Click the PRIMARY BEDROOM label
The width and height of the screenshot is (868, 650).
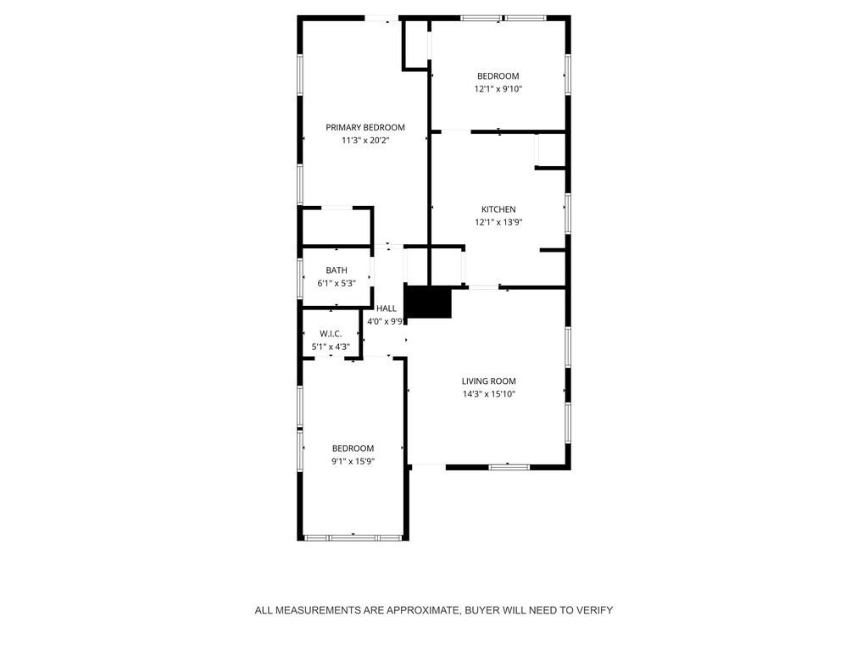coord(365,127)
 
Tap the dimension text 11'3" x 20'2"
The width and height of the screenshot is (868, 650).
coord(365,141)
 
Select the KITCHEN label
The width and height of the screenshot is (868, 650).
coord(498,209)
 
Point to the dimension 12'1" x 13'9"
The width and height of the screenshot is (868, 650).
coord(498,223)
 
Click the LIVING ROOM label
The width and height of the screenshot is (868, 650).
coord(488,381)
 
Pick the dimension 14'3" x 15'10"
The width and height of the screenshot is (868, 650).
coord(488,394)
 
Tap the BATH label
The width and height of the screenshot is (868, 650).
coord(337,270)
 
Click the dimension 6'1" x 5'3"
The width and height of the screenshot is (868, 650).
coord(337,284)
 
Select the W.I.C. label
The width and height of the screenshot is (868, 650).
coord(331,334)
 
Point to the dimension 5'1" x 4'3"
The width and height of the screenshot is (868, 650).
coord(331,347)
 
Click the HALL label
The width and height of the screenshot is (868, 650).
coord(387,308)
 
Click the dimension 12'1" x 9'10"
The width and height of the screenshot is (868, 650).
coord(498,89)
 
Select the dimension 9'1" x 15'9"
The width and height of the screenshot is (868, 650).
coord(353,462)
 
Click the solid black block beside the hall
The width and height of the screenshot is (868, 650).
coord(428,303)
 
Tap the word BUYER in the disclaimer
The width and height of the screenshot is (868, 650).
coord(484,610)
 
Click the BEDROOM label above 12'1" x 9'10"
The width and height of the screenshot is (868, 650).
coord(498,76)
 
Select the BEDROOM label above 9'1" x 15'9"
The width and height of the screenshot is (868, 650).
coord(353,448)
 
